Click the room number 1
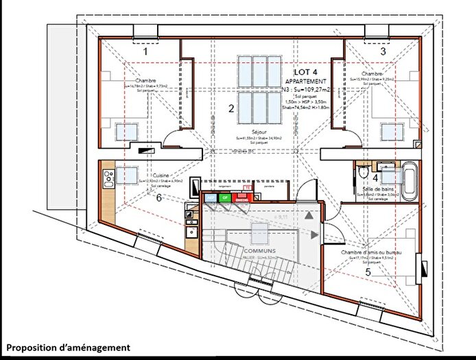click(145, 51)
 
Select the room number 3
click(383, 51)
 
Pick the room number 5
click(368, 272)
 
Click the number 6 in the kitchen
click(159, 198)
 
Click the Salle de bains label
click(378, 188)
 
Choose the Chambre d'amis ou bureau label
click(371, 253)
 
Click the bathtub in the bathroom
click(409, 180)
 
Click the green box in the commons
click(226, 197)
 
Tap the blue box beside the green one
click(211, 197)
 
